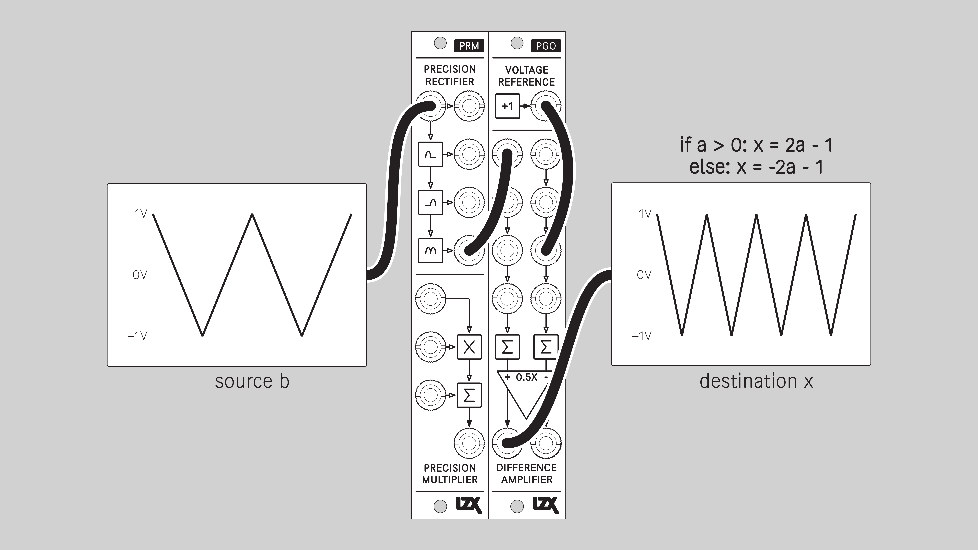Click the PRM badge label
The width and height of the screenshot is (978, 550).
coord(469,46)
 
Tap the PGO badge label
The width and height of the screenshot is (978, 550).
coord(546,46)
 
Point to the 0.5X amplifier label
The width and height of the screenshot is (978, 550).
coord(527,377)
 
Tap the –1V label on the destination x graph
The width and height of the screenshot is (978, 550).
coord(641,336)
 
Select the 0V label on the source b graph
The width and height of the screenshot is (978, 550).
coord(140,275)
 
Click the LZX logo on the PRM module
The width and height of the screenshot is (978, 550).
coord(469,505)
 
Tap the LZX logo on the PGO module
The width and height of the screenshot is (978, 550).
coord(546,505)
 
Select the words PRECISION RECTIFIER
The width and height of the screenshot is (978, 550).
coord(450,75)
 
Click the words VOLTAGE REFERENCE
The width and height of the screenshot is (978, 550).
coord(527,76)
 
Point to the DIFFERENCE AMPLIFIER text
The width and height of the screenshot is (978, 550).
coord(527,473)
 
